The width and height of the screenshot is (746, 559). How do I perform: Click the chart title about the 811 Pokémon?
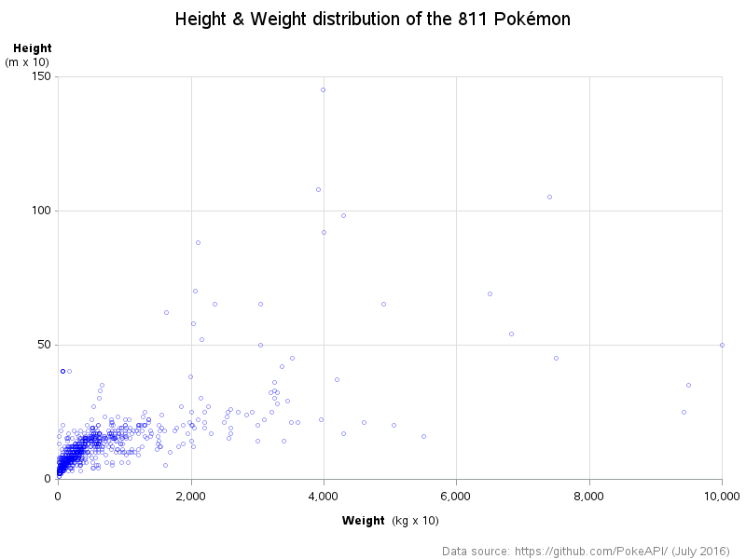click(x=373, y=19)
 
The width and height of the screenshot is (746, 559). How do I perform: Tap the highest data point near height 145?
click(x=323, y=89)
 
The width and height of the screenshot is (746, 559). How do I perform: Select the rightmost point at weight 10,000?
click(x=722, y=345)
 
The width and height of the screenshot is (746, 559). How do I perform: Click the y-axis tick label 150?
click(x=40, y=76)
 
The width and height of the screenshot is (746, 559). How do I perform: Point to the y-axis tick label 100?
click(x=40, y=211)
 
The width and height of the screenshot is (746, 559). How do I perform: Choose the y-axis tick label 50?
click(x=43, y=345)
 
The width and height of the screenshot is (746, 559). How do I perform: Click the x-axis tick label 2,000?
click(x=191, y=494)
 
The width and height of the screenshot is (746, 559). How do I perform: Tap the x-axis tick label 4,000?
click(x=324, y=494)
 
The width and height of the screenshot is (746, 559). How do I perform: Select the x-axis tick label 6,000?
click(x=456, y=494)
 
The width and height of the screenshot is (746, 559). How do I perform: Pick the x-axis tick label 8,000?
click(x=589, y=494)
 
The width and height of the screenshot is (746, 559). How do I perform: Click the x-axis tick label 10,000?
click(x=722, y=494)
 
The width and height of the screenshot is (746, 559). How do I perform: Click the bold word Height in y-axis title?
click(x=32, y=48)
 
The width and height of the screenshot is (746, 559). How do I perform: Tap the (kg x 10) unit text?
click(x=415, y=520)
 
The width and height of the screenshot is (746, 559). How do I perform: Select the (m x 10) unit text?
click(x=27, y=62)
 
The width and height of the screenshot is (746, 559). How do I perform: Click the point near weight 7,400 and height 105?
click(x=549, y=197)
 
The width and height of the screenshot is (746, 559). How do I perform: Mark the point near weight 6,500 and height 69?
click(x=490, y=293)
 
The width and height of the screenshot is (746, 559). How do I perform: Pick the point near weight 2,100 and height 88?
click(x=198, y=242)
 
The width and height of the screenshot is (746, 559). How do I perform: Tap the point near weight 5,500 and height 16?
click(x=423, y=436)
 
